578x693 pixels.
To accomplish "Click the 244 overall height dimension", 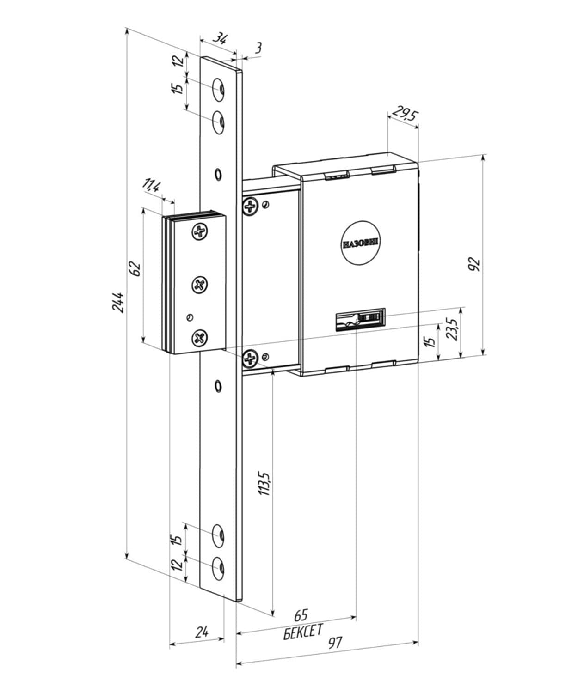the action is pyautogui.click(x=118, y=302).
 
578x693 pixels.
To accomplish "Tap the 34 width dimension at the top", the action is pyautogui.click(x=220, y=39).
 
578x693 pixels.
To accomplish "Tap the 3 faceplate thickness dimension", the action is pyautogui.click(x=258, y=48).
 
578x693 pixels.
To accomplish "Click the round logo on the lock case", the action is pyautogui.click(x=361, y=243).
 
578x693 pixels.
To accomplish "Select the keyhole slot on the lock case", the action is pyautogui.click(x=360, y=320).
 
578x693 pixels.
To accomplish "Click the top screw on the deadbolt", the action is pyautogui.click(x=200, y=231).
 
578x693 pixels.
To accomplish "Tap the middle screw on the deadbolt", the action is pyautogui.click(x=200, y=285).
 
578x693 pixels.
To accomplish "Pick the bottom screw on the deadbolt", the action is pyautogui.click(x=200, y=338).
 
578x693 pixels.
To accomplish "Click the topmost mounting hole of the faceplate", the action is pyautogui.click(x=218, y=90).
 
